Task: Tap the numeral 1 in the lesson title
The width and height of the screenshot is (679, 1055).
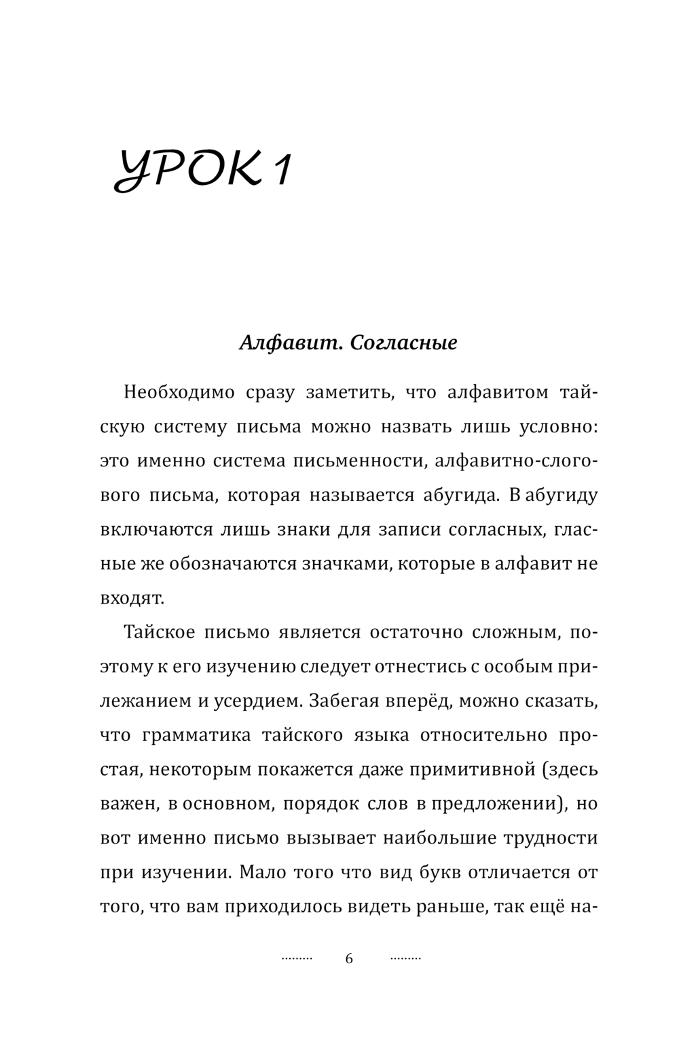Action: pyautogui.click(x=280, y=170)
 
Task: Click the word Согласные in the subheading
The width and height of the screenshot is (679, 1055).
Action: pyautogui.click(x=404, y=343)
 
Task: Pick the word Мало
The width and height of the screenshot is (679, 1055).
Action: pyautogui.click(x=259, y=872)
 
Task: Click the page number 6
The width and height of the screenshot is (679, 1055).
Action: pyautogui.click(x=349, y=959)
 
